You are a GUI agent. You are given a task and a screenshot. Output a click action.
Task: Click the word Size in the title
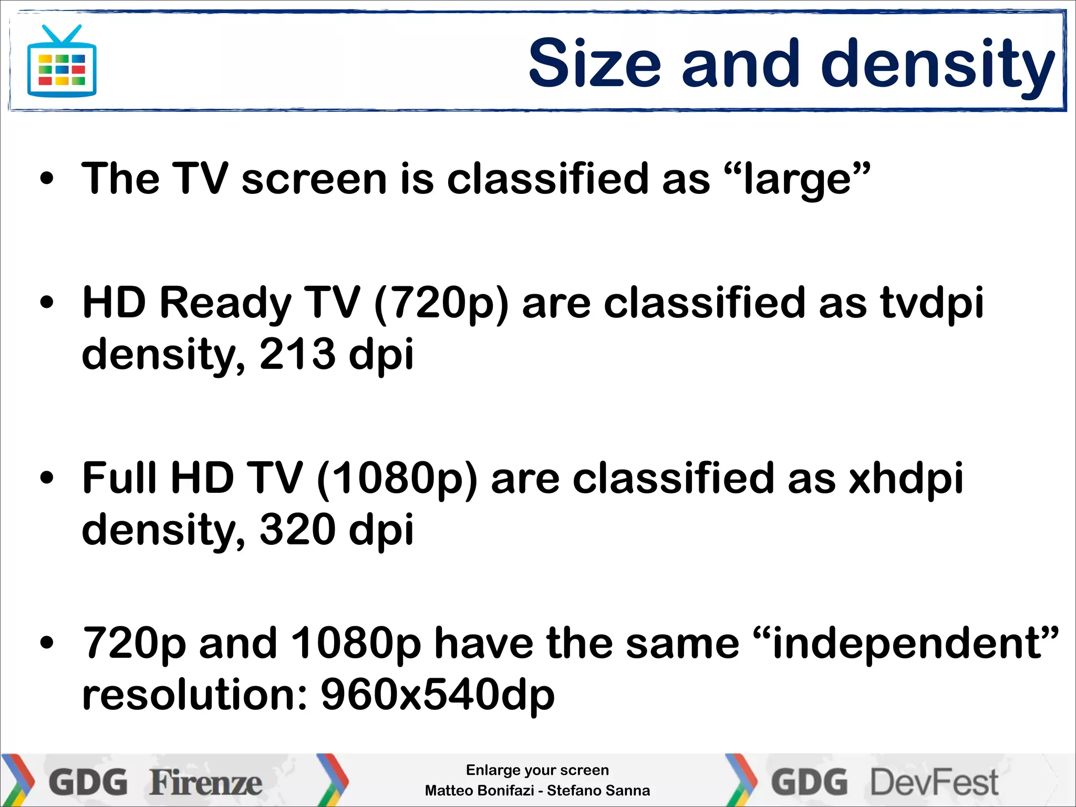(x=594, y=64)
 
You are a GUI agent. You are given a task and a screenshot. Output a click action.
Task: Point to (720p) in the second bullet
(x=441, y=304)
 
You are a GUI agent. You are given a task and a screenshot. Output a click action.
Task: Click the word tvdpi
(x=932, y=304)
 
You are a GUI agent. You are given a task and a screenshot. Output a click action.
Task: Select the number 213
(x=297, y=354)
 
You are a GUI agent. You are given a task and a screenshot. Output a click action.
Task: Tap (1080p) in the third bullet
(x=397, y=479)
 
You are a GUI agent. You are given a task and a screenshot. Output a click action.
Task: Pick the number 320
(x=297, y=530)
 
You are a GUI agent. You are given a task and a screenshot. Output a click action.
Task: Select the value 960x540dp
(x=437, y=695)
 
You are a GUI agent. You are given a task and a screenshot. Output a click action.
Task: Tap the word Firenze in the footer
(x=206, y=783)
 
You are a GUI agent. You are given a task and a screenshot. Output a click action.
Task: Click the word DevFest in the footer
(x=935, y=783)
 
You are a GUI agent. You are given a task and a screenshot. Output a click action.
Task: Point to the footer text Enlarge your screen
(x=537, y=770)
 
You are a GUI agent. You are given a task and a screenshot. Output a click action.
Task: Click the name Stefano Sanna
(x=598, y=791)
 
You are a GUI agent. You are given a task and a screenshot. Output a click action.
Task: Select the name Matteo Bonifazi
(x=479, y=791)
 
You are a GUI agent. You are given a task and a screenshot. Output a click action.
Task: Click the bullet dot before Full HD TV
(x=47, y=478)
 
